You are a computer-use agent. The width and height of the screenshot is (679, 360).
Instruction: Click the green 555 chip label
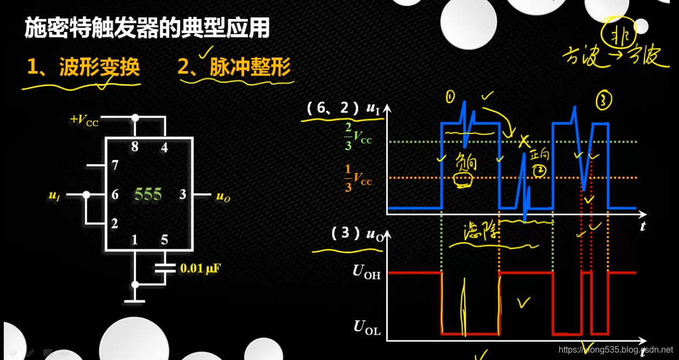pyautogui.click(x=148, y=194)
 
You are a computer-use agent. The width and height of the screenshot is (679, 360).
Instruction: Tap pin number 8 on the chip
pyautogui.click(x=135, y=146)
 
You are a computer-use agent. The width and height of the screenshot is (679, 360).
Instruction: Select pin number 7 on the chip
pyautogui.click(x=115, y=165)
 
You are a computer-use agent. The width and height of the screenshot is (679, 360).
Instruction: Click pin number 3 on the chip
pyautogui.click(x=183, y=194)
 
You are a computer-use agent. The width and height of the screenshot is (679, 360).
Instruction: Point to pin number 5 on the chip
pyautogui.click(x=164, y=240)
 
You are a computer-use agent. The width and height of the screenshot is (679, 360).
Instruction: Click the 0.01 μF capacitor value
pyautogui.click(x=200, y=268)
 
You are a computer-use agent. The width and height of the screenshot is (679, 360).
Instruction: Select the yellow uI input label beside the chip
pyautogui.click(x=54, y=196)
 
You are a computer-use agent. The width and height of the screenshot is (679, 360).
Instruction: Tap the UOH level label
pyautogui.click(x=367, y=272)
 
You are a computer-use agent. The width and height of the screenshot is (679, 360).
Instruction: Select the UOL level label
pyautogui.click(x=367, y=327)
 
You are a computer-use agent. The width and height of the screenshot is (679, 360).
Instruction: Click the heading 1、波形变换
pyautogui.click(x=84, y=67)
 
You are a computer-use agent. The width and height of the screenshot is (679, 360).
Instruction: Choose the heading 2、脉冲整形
pyautogui.click(x=234, y=67)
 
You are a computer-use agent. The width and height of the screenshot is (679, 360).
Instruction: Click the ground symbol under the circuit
pyautogui.click(x=135, y=299)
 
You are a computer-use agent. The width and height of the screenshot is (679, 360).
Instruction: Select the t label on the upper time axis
pyautogui.click(x=643, y=226)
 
